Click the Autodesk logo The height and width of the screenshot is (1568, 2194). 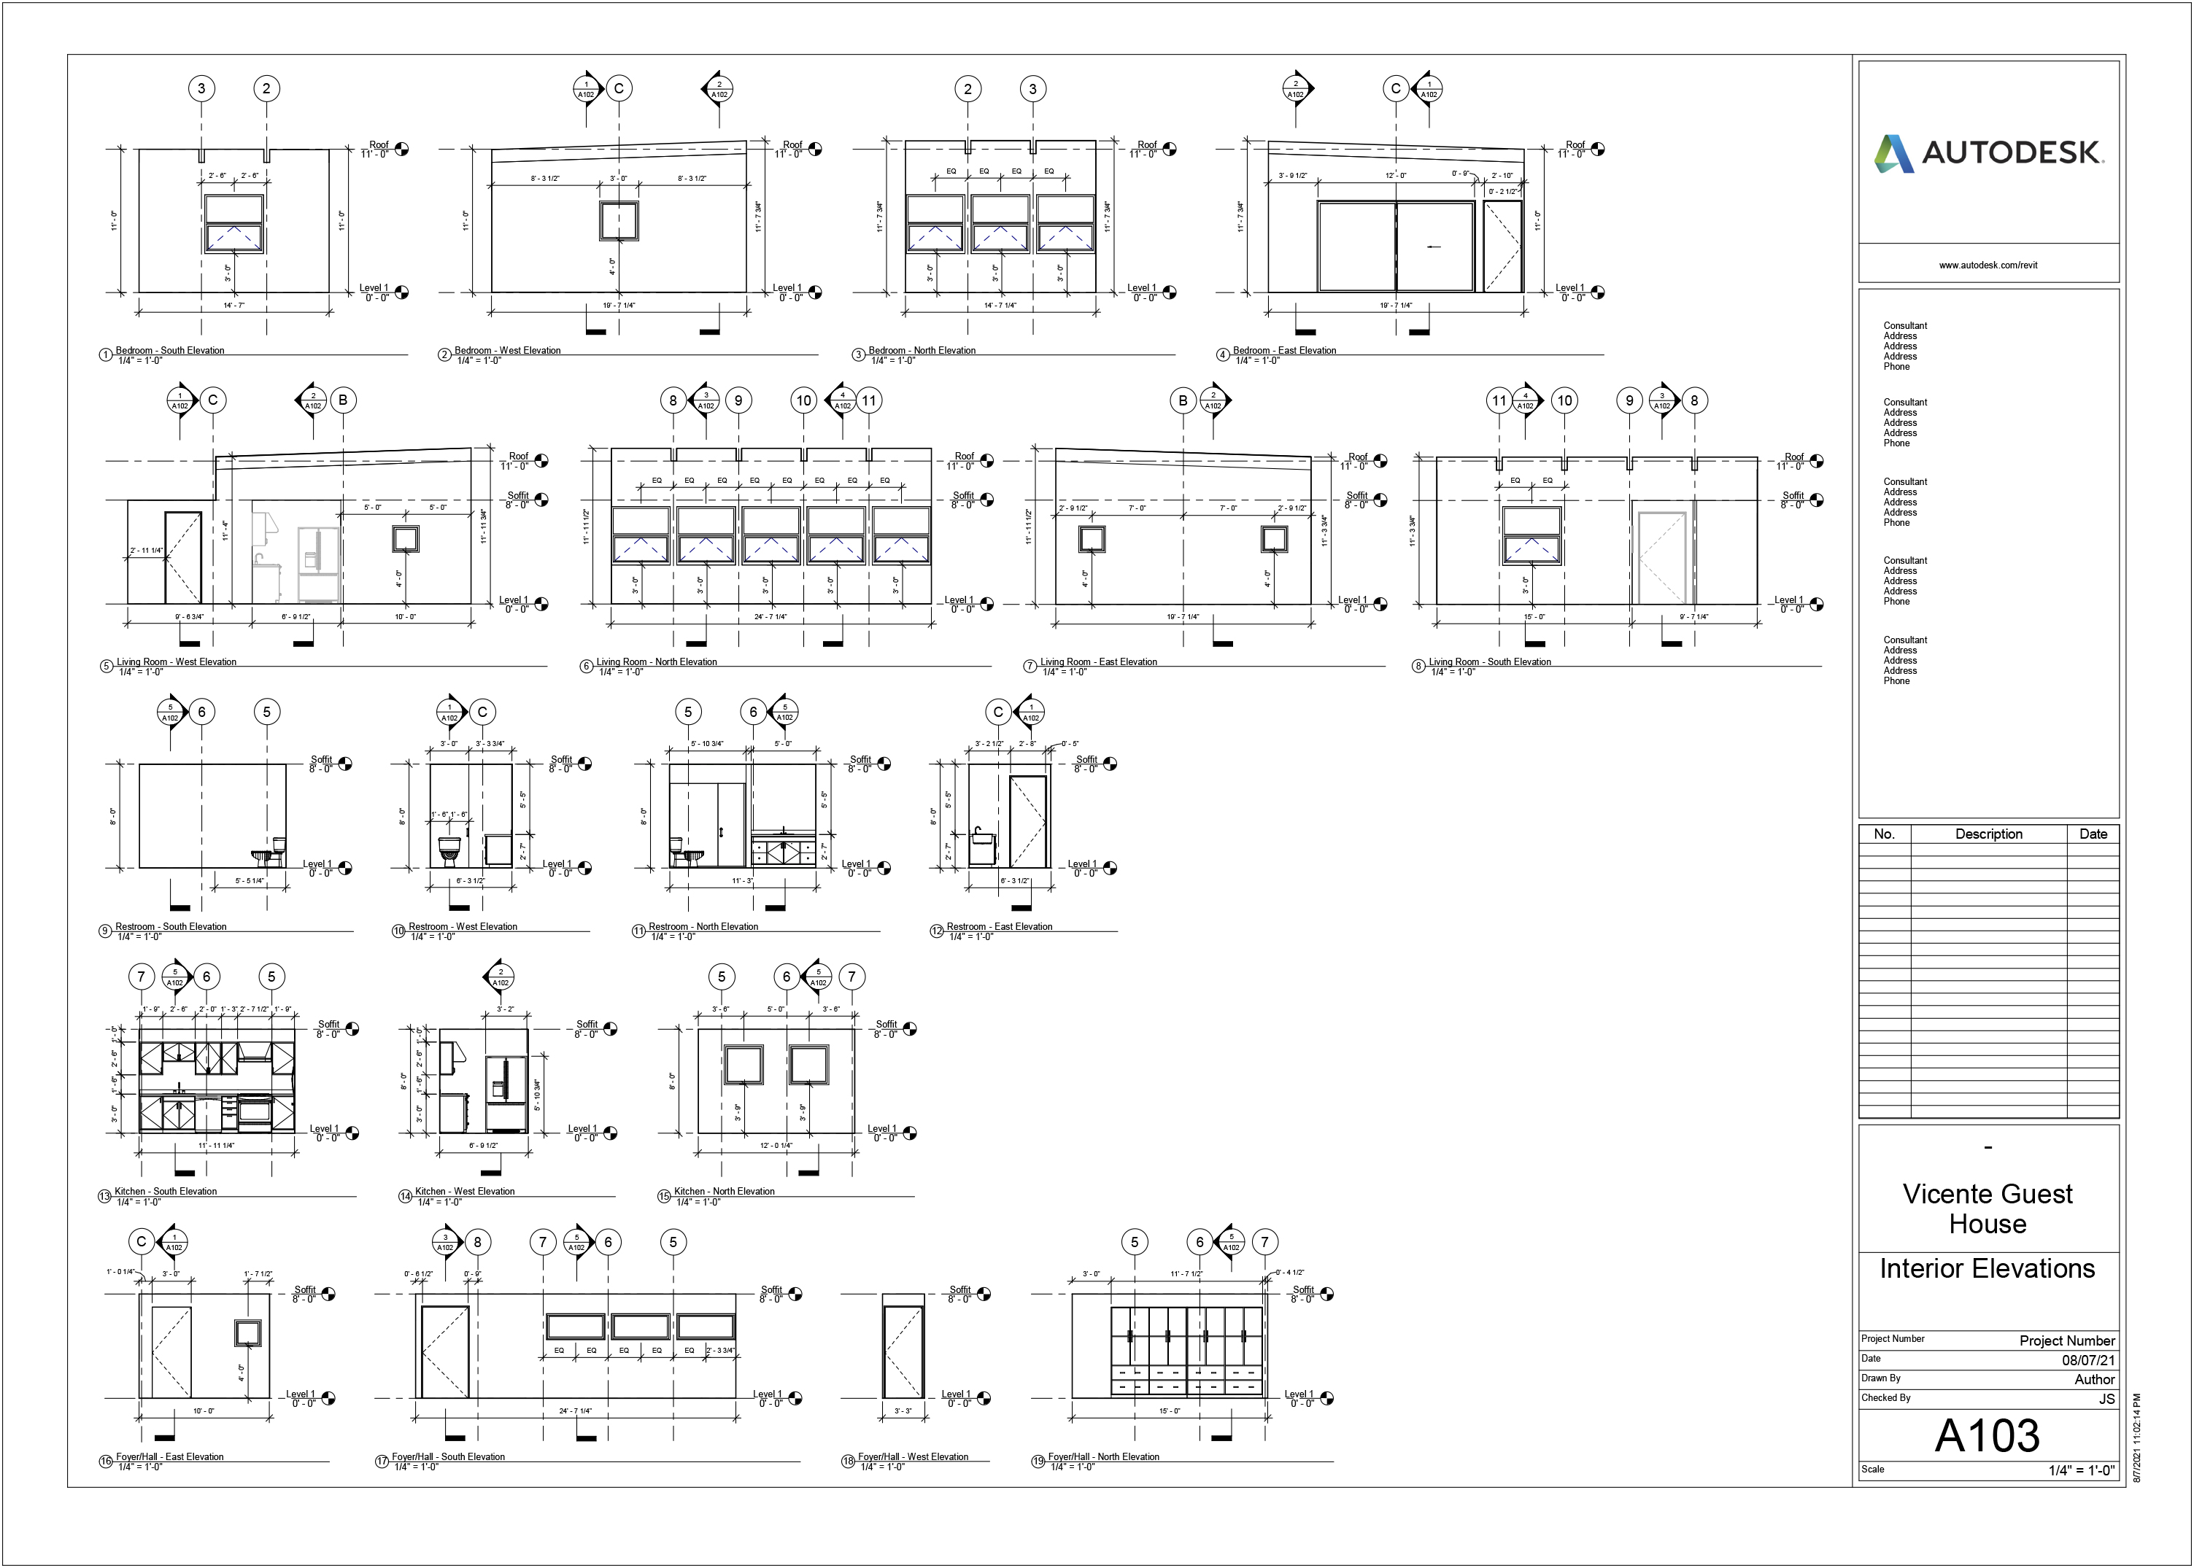(x=1988, y=152)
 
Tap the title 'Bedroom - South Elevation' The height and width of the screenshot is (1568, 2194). (x=170, y=351)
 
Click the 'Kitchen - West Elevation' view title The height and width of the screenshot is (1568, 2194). (x=465, y=1192)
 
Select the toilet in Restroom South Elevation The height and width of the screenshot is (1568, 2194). (x=271, y=852)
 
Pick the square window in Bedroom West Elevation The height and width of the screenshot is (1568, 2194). (x=618, y=222)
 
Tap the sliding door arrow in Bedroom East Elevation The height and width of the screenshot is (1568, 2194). (x=1434, y=247)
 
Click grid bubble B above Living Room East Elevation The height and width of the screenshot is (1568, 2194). (x=1182, y=400)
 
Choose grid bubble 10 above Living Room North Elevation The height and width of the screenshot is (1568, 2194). (x=803, y=400)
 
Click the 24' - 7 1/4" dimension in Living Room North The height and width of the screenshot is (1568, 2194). (x=770, y=616)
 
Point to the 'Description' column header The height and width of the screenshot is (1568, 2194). (x=1988, y=834)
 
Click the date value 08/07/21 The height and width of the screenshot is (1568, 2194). (x=2087, y=1359)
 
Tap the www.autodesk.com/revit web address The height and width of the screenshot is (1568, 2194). (x=1988, y=265)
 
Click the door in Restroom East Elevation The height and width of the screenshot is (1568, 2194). (x=1027, y=820)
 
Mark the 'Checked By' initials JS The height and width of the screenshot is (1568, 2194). (x=2106, y=1399)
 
